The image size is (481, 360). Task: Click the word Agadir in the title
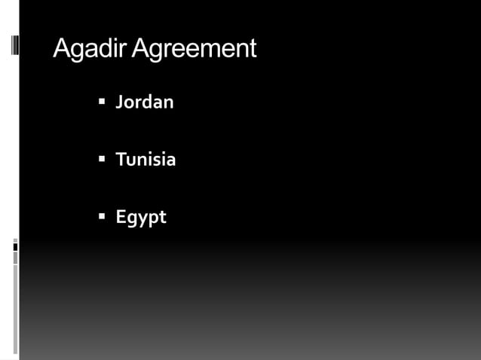click(x=90, y=49)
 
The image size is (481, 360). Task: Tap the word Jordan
click(x=144, y=102)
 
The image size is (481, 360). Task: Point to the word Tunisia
click(x=146, y=160)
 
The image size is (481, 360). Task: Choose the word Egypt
click(x=140, y=218)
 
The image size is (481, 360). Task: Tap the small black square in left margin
click(x=15, y=246)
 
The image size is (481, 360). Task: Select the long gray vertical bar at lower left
click(x=15, y=309)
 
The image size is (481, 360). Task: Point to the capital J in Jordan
click(x=119, y=102)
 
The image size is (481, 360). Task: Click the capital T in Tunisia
click(x=120, y=160)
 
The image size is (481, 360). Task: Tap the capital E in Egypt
click(x=120, y=217)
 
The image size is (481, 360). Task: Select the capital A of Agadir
click(x=62, y=49)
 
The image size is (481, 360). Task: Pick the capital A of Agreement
click(x=141, y=49)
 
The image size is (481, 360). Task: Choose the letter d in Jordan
click(x=148, y=102)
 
